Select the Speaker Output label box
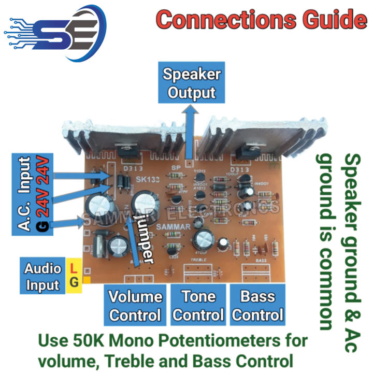[x=191, y=83]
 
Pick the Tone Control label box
[x=197, y=306]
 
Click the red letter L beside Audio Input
[x=73, y=269]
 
